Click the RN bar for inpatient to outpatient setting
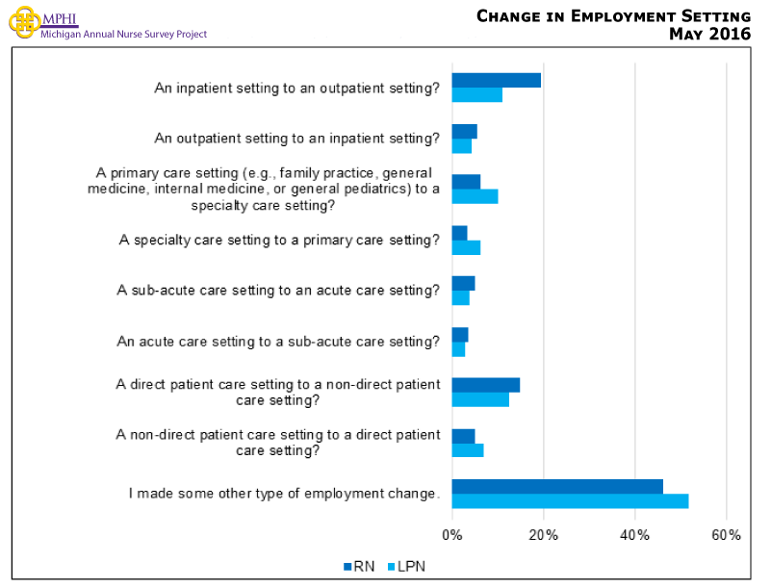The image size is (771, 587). tap(496, 81)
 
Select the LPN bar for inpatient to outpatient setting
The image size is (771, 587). tap(476, 95)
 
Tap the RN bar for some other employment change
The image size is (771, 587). tap(557, 487)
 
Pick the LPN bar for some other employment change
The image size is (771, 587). tap(570, 501)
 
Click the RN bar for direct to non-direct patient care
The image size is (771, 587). tap(485, 385)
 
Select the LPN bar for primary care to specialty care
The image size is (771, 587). tap(475, 196)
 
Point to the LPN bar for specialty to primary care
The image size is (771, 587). tap(466, 247)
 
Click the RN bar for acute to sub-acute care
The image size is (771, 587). tap(460, 334)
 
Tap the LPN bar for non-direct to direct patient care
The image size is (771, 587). tap(468, 450)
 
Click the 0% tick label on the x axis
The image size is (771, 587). tap(452, 535)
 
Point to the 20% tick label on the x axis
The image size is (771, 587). tap(543, 535)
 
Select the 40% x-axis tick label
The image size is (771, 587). tap(634, 535)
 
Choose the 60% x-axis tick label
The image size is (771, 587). tap(726, 535)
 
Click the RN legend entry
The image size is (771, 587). tap(358, 567)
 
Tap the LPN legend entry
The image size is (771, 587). tap(404, 567)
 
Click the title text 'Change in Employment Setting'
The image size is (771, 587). tap(613, 16)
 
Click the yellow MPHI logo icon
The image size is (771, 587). tap(24, 21)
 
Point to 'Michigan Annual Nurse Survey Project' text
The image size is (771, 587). tap(123, 35)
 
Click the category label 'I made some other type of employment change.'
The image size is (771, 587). tap(284, 494)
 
